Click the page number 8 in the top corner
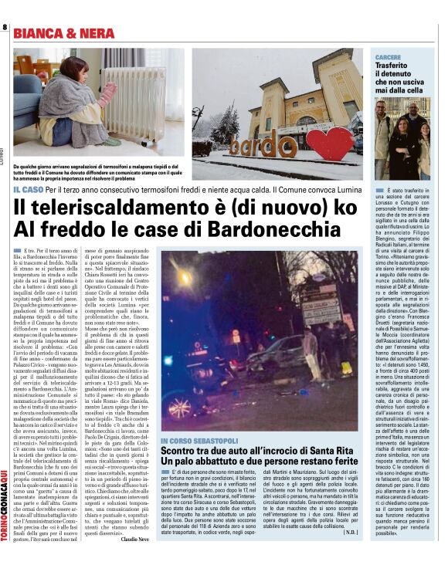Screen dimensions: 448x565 point(5,28)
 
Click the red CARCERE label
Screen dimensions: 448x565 point(388,58)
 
